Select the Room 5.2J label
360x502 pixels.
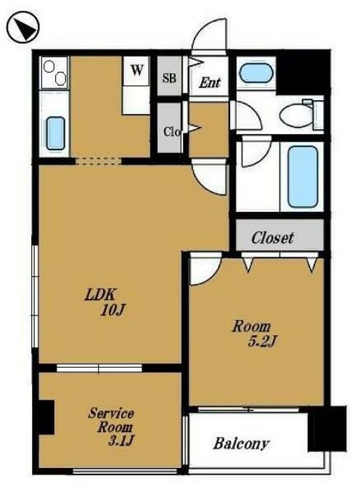click(254, 334)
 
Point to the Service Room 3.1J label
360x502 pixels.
click(111, 427)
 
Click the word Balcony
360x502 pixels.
click(241, 444)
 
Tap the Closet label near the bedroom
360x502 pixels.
click(272, 237)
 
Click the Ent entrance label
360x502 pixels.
click(210, 83)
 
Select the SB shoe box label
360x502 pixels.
click(169, 78)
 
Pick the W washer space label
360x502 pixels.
click(136, 70)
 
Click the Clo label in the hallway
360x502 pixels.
click(172, 131)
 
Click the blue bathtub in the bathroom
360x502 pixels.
click(303, 177)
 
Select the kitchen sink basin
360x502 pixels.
click(56, 133)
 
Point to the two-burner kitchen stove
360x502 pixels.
click(54, 73)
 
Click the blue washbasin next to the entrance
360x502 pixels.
click(256, 73)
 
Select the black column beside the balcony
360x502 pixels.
click(327, 429)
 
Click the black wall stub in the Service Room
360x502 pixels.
click(46, 417)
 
